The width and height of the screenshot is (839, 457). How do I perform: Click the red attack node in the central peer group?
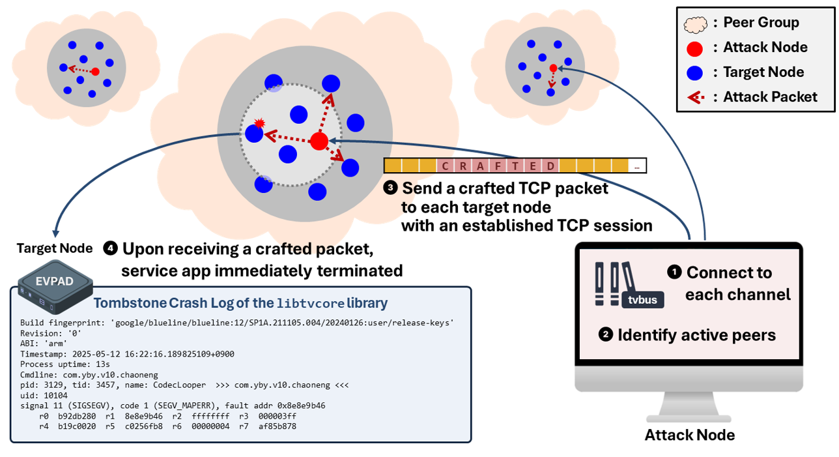[319, 141]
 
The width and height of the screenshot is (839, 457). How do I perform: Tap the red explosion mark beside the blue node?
[259, 123]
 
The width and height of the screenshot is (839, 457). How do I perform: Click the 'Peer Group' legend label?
[761, 23]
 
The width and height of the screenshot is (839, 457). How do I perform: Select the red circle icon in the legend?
[695, 48]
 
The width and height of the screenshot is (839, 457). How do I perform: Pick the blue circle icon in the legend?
[695, 72]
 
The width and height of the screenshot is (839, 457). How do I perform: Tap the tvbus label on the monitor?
[644, 300]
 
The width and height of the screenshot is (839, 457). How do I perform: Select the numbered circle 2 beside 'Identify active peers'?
[605, 334]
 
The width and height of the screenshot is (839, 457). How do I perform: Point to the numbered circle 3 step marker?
[391, 188]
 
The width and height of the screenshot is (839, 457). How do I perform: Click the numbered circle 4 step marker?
[111, 248]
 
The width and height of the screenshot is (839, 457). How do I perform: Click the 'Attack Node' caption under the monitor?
[689, 435]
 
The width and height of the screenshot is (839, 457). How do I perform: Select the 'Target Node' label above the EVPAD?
[55, 248]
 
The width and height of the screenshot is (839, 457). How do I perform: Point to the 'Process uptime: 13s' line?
[65, 364]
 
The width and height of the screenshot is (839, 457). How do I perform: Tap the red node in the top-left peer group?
[95, 72]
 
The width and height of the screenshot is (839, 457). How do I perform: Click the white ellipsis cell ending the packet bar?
[636, 166]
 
